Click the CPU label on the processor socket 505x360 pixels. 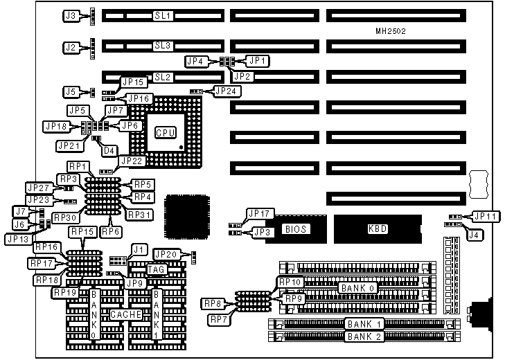coord(164,132)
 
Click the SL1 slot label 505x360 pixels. coord(162,15)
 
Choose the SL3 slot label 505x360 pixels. coord(162,46)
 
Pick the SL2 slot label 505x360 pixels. coord(162,77)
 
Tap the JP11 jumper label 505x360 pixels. coord(484,216)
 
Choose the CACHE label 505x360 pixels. coord(126,314)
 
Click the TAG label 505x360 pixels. coord(156,269)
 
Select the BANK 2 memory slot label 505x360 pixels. coord(364,337)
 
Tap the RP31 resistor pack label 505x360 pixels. coord(139,216)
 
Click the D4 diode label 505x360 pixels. coord(109,150)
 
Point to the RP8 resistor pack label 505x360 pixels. coord(213,303)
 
